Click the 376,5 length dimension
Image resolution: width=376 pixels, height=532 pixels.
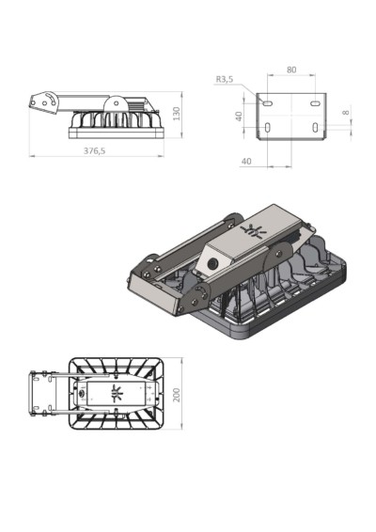(94, 150)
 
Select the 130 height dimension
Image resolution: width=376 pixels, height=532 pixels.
(176, 114)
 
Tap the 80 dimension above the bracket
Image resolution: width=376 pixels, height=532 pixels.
(291, 70)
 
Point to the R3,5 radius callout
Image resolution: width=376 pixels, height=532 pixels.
(225, 79)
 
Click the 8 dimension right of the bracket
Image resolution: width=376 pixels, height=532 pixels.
(346, 112)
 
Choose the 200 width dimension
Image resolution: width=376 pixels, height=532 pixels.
(177, 395)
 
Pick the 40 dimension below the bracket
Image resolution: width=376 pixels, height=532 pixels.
(246, 161)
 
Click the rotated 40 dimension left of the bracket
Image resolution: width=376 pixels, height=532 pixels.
(239, 116)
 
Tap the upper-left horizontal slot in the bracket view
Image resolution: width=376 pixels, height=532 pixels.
(268, 103)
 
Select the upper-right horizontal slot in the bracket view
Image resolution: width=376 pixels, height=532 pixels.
(315, 103)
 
